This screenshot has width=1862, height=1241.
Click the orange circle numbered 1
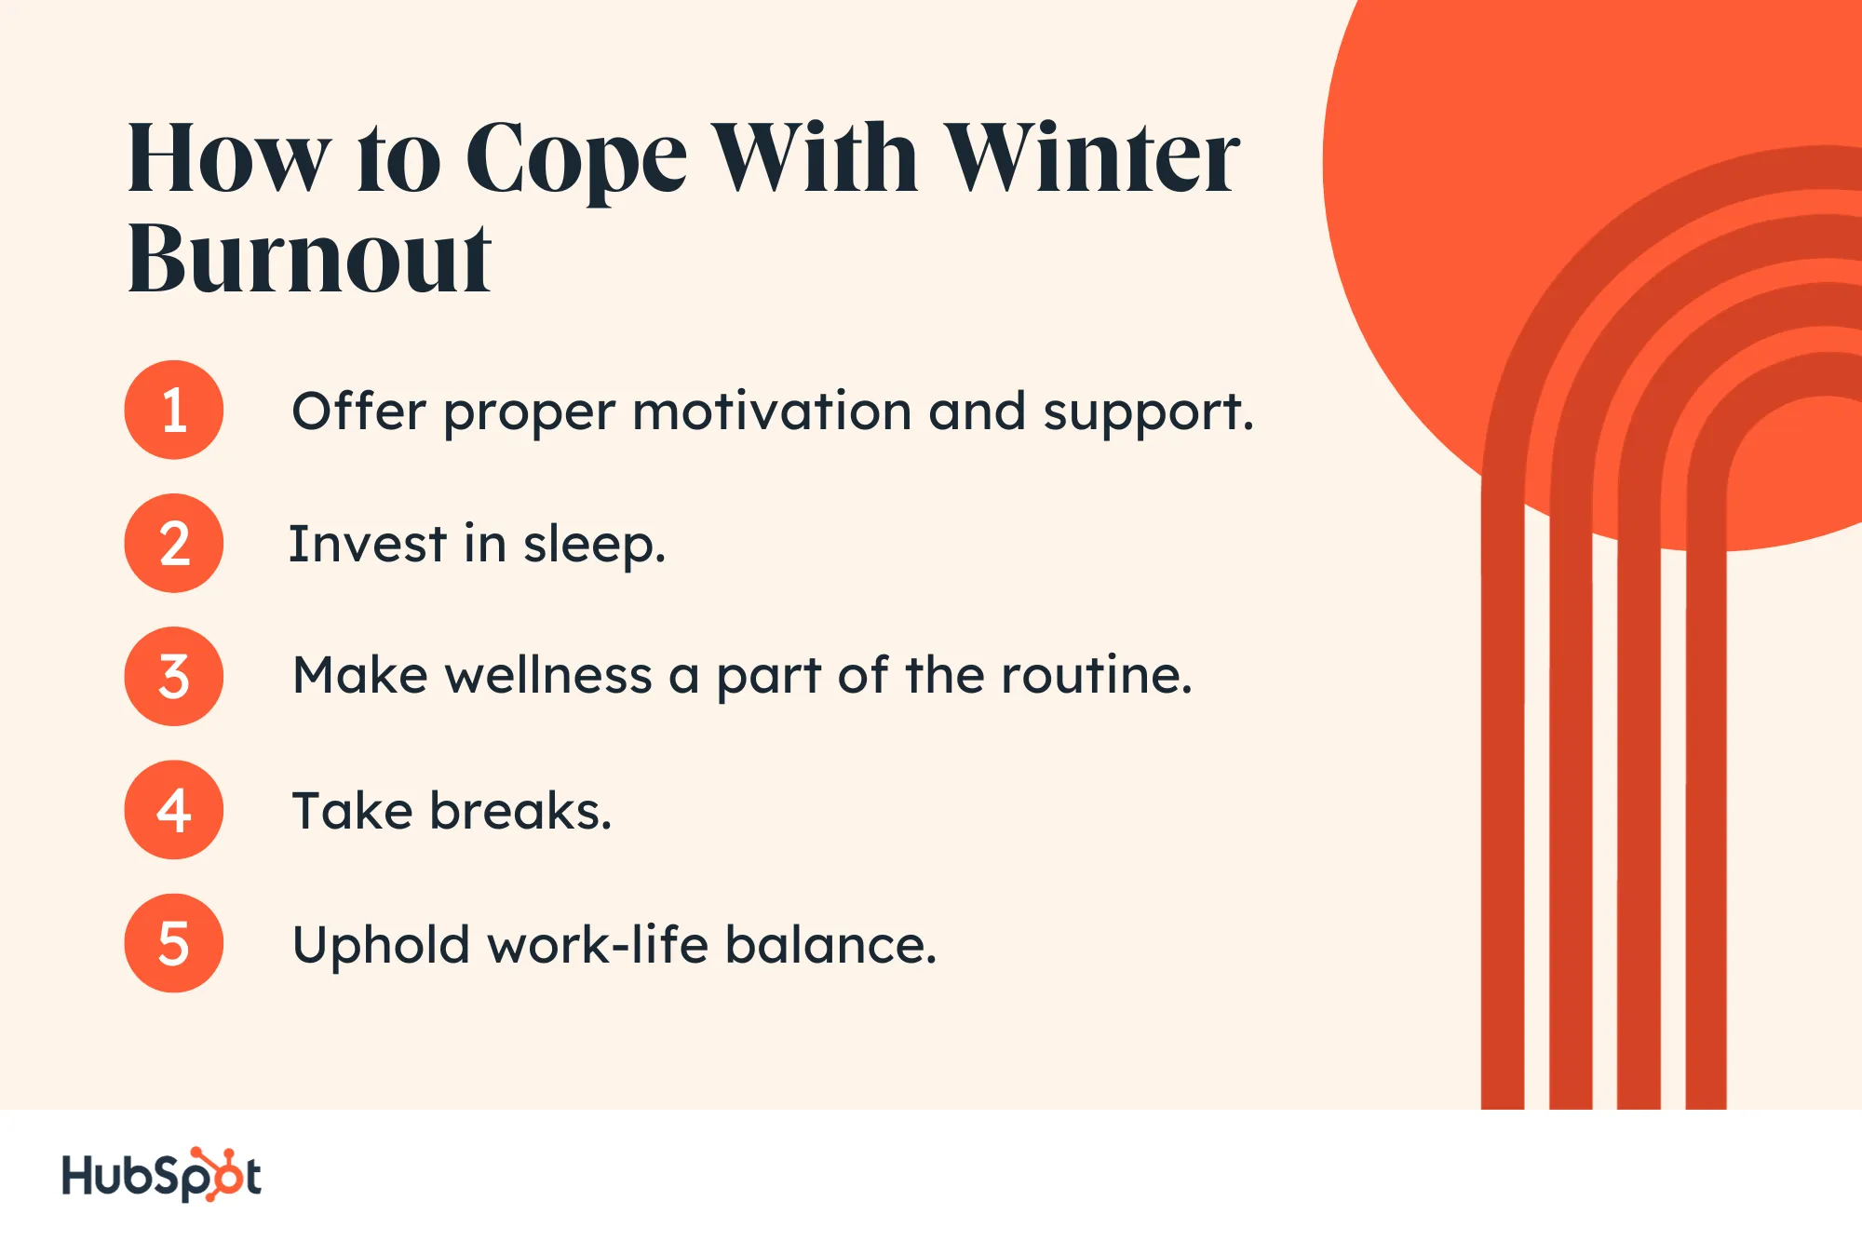click(x=174, y=410)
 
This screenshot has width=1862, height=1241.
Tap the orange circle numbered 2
click(x=174, y=543)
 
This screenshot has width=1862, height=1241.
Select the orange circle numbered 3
click(x=174, y=676)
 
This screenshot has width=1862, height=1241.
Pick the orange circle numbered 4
click(x=174, y=809)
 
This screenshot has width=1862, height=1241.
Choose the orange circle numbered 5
click(x=174, y=943)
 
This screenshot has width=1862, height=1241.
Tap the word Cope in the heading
click(x=576, y=160)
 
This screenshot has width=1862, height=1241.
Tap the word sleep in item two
click(x=594, y=546)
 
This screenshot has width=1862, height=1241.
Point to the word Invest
click(x=368, y=544)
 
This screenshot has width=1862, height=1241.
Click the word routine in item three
click(x=1097, y=675)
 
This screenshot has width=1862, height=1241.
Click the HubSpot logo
click(x=161, y=1175)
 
